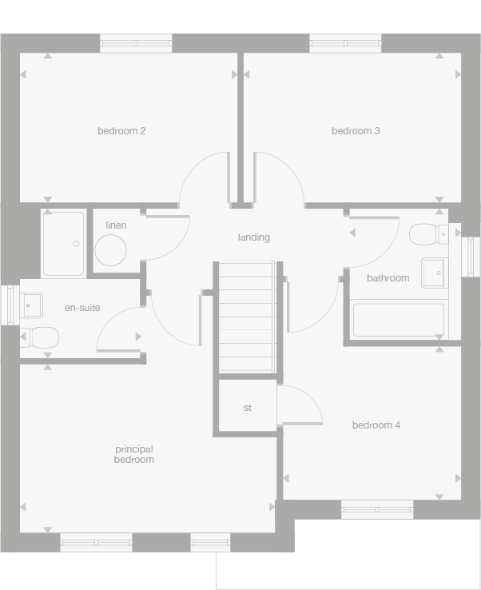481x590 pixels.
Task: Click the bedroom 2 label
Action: [121, 131]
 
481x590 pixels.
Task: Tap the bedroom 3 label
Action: [356, 131]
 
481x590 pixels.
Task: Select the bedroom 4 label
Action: [376, 425]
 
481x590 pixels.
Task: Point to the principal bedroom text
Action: [134, 454]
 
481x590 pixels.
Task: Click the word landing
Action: [254, 237]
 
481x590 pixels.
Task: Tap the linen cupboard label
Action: [116, 225]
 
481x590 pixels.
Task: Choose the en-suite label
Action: [82, 308]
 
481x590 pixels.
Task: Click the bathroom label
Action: [388, 278]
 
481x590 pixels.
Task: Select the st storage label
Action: [248, 409]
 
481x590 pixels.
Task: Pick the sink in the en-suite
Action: [31, 305]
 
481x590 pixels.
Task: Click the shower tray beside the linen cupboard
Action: [63, 243]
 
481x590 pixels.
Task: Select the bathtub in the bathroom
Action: [399, 320]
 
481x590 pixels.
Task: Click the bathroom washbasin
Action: [434, 272]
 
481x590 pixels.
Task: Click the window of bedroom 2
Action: [136, 43]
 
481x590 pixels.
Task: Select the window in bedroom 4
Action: [377, 509]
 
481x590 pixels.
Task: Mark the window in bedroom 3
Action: [346, 43]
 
